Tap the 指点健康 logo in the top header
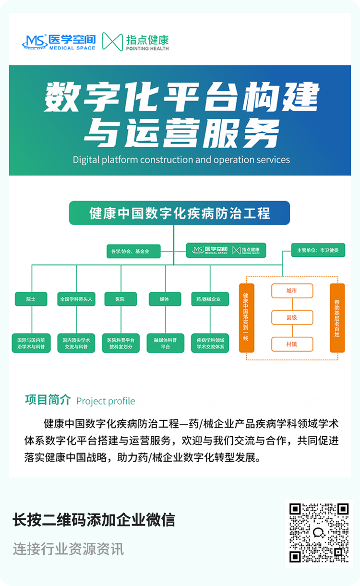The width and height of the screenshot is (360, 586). pos(136,42)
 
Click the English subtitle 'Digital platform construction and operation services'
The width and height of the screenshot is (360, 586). pos(181,159)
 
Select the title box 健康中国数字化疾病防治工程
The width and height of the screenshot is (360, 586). pos(180,213)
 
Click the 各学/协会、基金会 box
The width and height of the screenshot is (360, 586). pos(133,251)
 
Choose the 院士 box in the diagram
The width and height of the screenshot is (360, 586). pos(31,299)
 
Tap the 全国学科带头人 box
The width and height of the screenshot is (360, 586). pos(76,299)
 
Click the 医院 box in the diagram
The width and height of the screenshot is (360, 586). pos(120,299)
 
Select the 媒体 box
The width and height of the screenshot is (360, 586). pos(165,299)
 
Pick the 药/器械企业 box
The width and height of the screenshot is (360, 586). pos(209,299)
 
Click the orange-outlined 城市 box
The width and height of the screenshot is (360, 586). pos(292,291)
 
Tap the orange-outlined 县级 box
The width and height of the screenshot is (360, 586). pos(292,317)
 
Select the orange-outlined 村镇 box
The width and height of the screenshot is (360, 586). pos(292,344)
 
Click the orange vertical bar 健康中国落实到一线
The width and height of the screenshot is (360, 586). pos(246,318)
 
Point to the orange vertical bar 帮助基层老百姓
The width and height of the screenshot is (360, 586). pos(337,318)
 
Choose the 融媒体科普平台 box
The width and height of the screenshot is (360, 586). pos(165,343)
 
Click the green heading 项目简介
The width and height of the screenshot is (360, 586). pos(48,400)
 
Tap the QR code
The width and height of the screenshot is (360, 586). pos(319,533)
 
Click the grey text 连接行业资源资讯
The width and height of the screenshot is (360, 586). pos(68,549)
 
